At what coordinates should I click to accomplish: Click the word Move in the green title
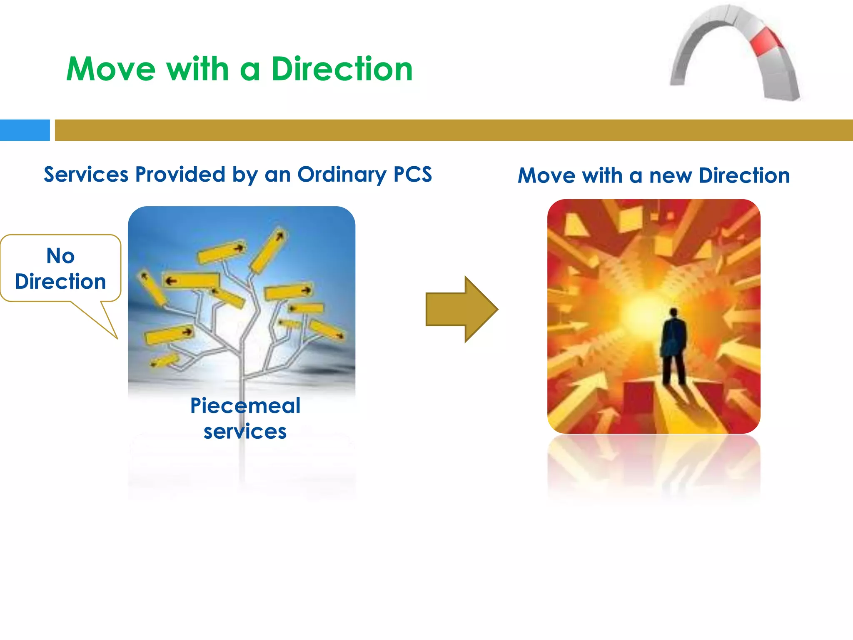point(111,69)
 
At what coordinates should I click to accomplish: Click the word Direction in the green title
point(342,69)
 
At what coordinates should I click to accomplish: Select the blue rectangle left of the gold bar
point(25,130)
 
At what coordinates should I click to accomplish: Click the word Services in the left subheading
point(86,174)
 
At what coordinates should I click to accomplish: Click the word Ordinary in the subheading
point(342,175)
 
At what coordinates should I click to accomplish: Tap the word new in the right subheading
point(671,176)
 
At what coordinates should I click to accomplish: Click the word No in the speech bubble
point(60,255)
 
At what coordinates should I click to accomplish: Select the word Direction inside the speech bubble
point(60,282)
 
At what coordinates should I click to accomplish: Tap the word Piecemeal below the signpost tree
point(245,405)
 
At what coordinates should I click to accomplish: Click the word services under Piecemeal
point(245,431)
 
